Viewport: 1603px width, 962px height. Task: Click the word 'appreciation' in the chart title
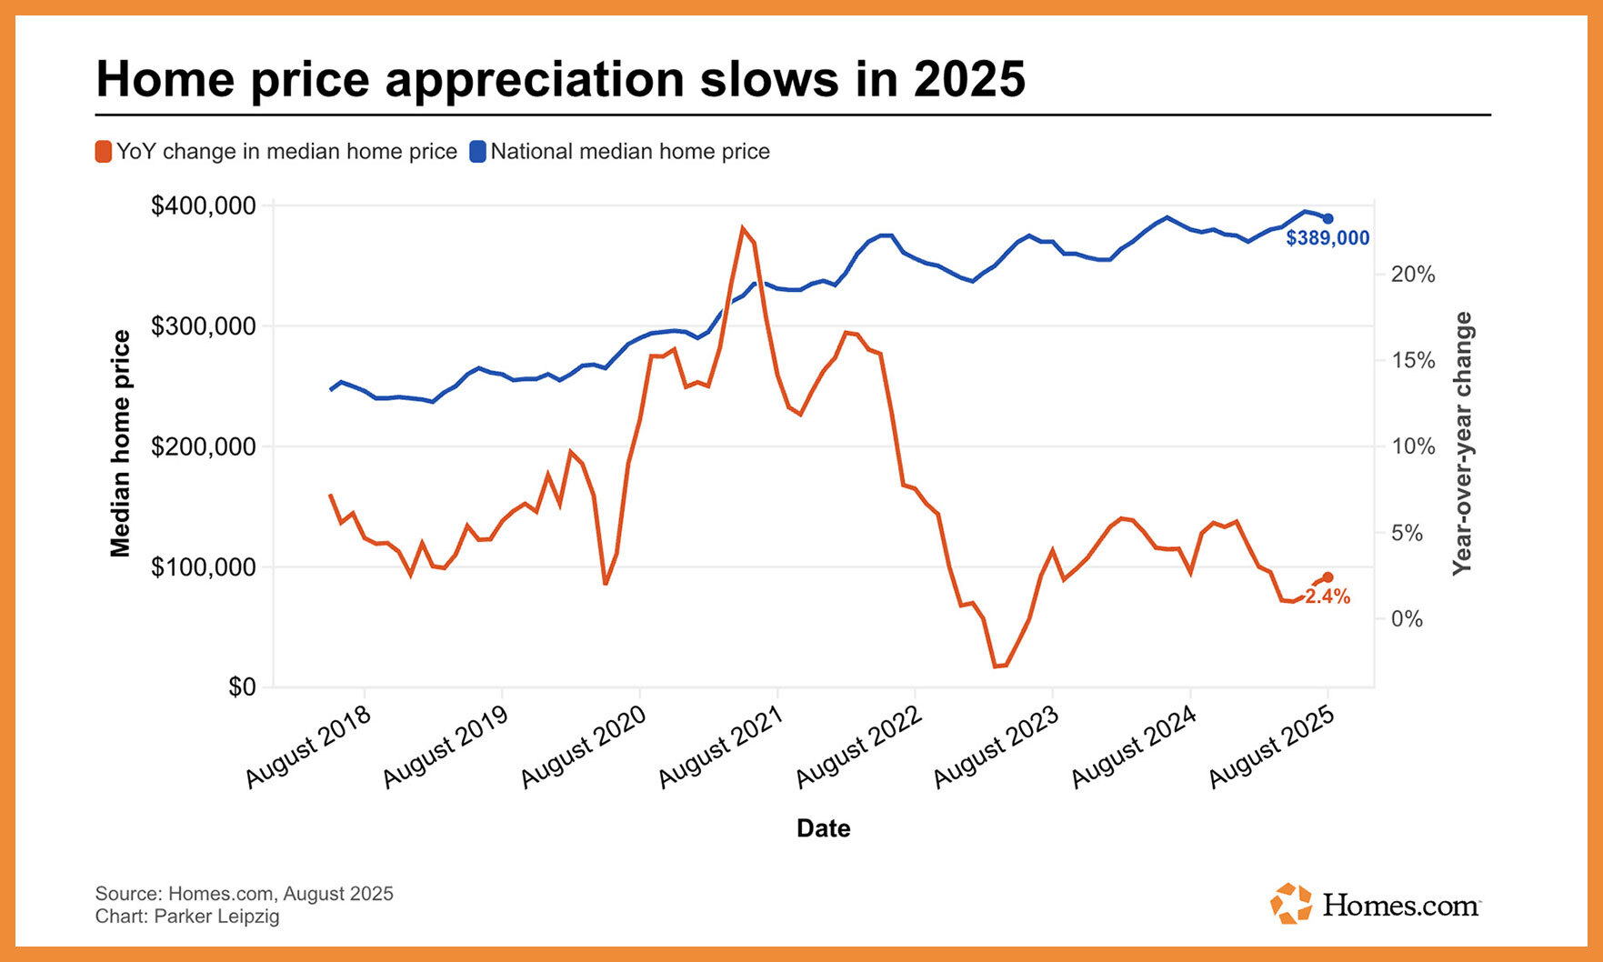(x=536, y=79)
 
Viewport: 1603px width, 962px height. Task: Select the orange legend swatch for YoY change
(x=104, y=152)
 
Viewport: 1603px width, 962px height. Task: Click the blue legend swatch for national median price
(x=477, y=152)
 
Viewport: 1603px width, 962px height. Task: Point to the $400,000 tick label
(x=204, y=206)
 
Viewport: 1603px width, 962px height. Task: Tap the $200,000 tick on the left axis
(x=204, y=446)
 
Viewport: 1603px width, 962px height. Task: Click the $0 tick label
(x=242, y=686)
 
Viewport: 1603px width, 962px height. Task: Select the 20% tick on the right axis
(x=1412, y=275)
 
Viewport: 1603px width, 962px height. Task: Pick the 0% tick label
(x=1407, y=619)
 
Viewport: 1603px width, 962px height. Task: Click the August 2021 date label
(x=720, y=748)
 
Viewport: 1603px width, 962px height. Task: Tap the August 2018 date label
(x=308, y=748)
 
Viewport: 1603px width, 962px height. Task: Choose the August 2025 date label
(x=1271, y=748)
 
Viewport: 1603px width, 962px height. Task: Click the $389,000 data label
(x=1327, y=238)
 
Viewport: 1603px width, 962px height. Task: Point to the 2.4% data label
(x=1327, y=597)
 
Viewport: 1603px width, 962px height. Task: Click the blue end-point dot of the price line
(x=1327, y=218)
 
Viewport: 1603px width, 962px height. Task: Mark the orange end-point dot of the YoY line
(x=1327, y=577)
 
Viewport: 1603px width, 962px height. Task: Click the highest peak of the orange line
(x=743, y=227)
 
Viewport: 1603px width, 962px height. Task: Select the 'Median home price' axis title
(x=121, y=444)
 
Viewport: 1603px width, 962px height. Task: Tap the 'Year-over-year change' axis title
(x=1462, y=444)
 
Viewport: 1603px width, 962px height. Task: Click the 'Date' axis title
(x=823, y=828)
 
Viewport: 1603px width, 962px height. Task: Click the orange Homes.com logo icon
(x=1290, y=904)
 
